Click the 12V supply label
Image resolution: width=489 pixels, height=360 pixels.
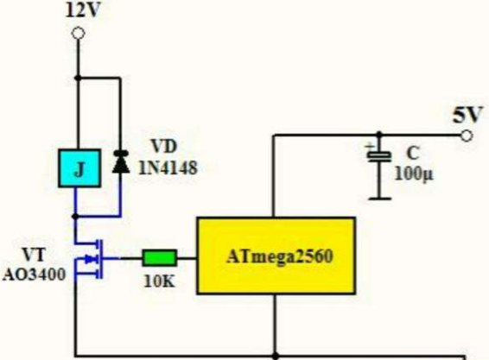83,10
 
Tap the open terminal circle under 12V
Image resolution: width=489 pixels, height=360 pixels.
78,33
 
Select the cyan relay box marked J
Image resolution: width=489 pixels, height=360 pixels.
79,168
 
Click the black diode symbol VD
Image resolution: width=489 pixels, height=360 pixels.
121,161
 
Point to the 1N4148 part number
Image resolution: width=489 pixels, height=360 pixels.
168,168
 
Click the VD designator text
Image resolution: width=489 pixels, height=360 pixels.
164,146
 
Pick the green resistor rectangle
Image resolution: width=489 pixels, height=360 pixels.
160,258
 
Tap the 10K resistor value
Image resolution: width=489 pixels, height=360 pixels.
159,281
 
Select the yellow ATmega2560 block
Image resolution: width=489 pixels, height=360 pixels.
276,256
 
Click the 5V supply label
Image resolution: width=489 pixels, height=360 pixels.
467,115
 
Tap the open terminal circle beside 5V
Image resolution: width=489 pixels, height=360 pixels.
467,136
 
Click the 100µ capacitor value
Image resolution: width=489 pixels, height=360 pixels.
414,174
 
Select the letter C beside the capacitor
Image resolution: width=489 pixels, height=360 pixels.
413,153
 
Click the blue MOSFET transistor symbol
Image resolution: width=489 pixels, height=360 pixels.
93,259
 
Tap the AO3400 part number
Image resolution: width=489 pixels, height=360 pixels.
35,275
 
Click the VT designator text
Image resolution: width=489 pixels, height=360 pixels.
35,255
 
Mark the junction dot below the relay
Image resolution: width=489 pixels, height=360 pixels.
75,216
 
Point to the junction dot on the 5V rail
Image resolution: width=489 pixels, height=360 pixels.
379,135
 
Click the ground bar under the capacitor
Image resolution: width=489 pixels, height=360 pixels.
379,199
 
